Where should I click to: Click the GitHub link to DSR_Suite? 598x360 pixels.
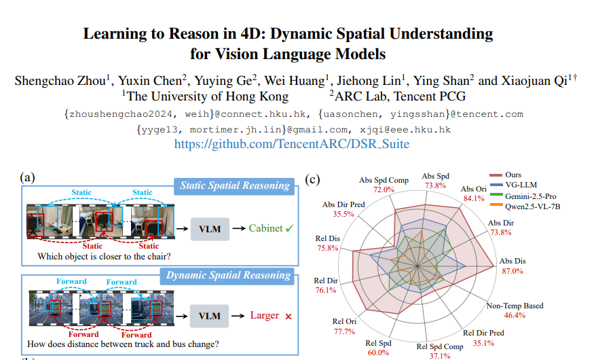(x=292, y=144)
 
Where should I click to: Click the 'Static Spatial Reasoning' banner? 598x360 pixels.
(x=235, y=185)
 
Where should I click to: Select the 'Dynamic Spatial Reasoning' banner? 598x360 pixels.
(x=228, y=275)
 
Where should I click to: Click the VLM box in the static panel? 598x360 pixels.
(x=210, y=229)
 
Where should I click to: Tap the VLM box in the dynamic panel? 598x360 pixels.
(x=210, y=316)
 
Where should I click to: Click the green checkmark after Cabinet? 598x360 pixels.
(x=289, y=229)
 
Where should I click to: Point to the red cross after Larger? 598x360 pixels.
(x=288, y=316)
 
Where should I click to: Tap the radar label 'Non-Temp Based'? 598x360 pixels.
(x=515, y=306)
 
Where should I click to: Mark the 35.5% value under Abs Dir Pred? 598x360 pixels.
(x=344, y=214)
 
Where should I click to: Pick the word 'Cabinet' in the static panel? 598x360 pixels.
(x=265, y=229)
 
